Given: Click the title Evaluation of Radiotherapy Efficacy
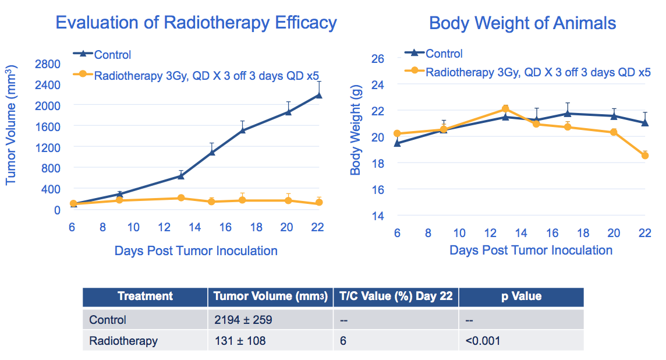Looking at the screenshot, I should [x=196, y=23].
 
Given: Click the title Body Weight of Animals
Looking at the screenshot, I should [x=522, y=23].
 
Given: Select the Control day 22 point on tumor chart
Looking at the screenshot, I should [x=318, y=95].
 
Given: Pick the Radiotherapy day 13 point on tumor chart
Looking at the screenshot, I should [x=181, y=198].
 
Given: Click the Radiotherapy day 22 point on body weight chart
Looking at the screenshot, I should [x=645, y=156].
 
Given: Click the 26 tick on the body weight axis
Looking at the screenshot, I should [x=378, y=58].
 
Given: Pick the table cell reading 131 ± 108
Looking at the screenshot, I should [x=239, y=341].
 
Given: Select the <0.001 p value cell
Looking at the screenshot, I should [x=483, y=341].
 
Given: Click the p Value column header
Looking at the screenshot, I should [x=521, y=297].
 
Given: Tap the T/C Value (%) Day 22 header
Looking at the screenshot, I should [x=396, y=297].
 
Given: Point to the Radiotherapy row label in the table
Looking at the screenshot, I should [x=123, y=341].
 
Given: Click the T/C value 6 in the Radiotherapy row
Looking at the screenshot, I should [x=343, y=341].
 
